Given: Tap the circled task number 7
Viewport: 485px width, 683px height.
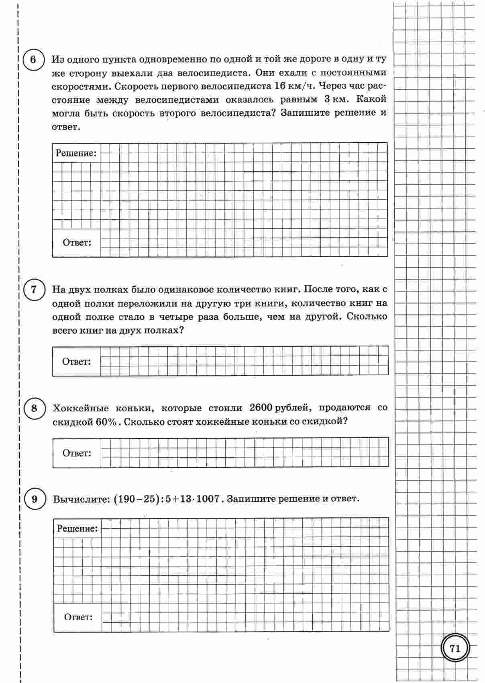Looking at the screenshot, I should pos(34,290).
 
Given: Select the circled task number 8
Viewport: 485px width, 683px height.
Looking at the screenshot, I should pos(34,409).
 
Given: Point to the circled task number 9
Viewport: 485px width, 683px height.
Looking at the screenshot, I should pos(34,499).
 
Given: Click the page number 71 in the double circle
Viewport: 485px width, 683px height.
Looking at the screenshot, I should pos(454,649).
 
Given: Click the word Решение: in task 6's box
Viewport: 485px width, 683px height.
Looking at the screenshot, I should pos(76,153).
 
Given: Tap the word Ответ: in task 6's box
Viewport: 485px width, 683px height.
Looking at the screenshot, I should pos(77,243).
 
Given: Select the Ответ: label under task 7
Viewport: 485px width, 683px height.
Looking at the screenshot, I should pos(76,362).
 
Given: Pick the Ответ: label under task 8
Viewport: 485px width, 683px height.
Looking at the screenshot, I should pos(77,453).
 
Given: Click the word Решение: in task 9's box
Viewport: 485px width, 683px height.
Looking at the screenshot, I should pos(77,529).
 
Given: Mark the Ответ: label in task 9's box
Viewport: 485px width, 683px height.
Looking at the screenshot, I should pos(78,618).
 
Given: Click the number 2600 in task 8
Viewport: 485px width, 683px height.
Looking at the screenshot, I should pos(261,408).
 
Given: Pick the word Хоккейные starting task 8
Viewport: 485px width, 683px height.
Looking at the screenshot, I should pos(80,408).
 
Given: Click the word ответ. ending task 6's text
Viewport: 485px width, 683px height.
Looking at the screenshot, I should pos(66,127).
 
